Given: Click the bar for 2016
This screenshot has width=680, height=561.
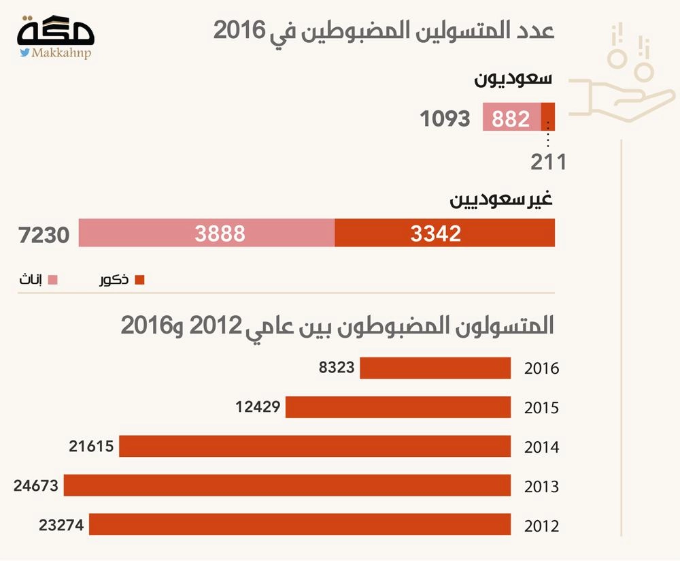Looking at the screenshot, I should pos(435,368).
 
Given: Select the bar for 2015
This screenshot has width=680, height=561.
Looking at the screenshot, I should pos(398,408).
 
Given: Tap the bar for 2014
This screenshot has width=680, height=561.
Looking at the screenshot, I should pos(315,447).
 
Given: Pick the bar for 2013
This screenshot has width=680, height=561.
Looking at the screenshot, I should pos(287,486).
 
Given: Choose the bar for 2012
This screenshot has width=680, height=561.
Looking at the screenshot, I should pos(300,525).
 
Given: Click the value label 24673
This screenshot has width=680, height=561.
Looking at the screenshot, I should pos(36,486).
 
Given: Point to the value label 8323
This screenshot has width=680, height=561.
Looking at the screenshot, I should pos(337,368).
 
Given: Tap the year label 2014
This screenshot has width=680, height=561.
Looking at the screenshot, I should pos(541,447).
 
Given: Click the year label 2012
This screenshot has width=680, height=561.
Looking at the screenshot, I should pos(541,526).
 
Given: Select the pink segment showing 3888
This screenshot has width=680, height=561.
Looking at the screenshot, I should pos(207,234).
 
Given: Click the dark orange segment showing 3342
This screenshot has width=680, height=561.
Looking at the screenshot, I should pos(445,234).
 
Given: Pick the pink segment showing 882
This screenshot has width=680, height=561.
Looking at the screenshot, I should pos(511,118).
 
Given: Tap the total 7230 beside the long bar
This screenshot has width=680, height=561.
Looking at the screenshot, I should pos(46,235).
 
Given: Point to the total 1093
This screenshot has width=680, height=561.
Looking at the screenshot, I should pos(445,118).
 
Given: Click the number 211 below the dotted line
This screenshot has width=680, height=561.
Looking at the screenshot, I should pos(549,162).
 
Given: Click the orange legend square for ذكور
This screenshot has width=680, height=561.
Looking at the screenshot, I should pos(140,280).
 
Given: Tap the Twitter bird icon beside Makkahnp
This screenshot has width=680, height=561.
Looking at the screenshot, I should pos(24,52).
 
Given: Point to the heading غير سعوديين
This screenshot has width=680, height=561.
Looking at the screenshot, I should pos(501,201).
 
